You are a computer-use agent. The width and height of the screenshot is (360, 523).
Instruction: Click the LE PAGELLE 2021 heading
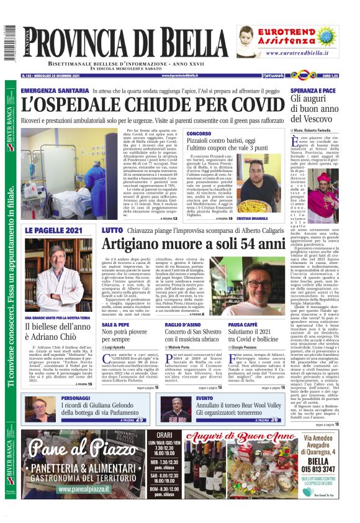coord(53,230)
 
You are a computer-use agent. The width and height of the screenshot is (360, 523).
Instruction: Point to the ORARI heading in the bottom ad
coord(164,434)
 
